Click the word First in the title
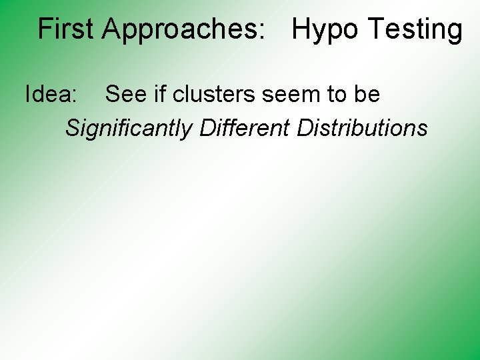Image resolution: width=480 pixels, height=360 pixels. (x=67, y=29)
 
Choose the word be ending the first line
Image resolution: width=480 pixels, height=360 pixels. (x=367, y=95)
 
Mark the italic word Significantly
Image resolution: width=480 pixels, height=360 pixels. (x=129, y=127)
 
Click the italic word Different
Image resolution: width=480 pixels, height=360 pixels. (x=245, y=127)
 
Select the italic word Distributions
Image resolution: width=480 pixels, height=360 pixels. (x=362, y=127)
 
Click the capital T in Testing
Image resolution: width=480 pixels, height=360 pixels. (x=376, y=29)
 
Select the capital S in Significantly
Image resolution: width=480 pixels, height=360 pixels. (x=72, y=127)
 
